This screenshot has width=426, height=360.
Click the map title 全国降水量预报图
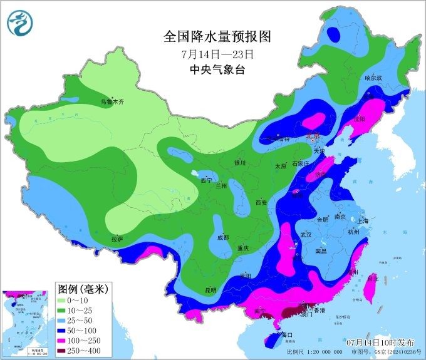(217, 36)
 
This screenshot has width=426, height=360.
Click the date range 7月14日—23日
(217, 54)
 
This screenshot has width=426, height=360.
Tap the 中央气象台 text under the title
(217, 69)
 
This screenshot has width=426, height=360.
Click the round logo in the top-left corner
(19, 23)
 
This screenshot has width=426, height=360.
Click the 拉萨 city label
(117, 239)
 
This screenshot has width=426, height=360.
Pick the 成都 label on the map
(223, 237)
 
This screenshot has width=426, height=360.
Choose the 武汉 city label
(306, 235)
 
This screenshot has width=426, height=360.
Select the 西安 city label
(261, 202)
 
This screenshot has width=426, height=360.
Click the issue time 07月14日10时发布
(380, 343)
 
